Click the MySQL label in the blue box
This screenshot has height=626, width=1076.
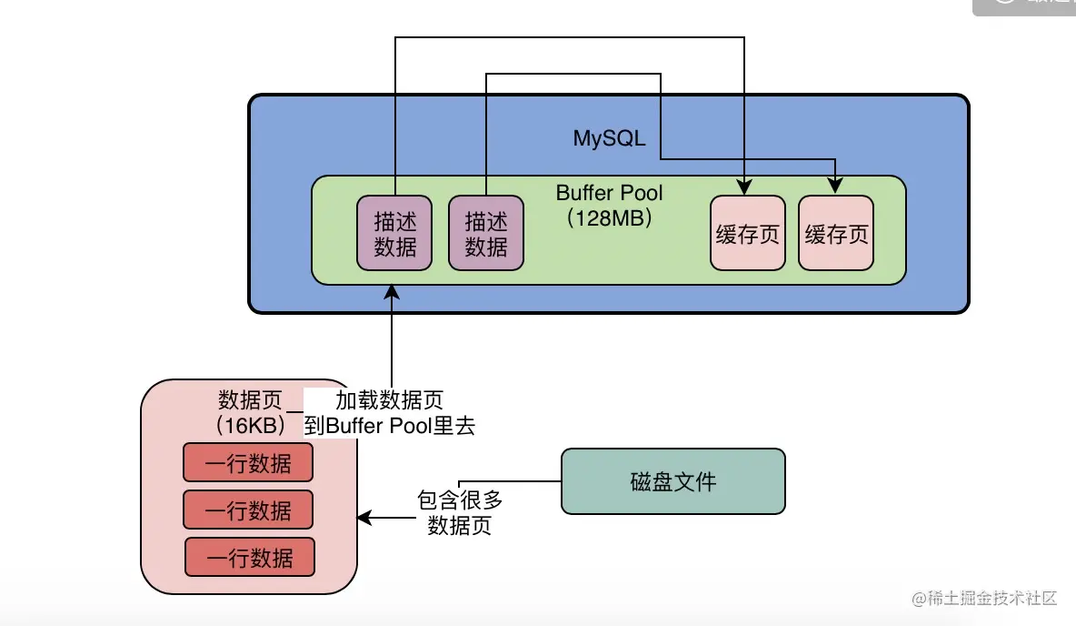pos(609,138)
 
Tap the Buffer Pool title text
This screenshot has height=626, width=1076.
pos(609,193)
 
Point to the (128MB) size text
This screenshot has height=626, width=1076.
pos(609,218)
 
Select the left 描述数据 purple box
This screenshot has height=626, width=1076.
pos(394,233)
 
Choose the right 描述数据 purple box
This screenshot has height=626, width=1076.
pos(486,233)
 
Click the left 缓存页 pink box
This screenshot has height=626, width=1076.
pos(747,234)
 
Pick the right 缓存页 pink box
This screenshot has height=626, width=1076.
pos(836,234)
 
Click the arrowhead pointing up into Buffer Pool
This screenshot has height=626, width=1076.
pos(392,291)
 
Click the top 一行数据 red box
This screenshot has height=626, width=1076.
pos(248,463)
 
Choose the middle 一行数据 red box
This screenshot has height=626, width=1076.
pos(248,510)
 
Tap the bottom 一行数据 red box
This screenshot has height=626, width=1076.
pos(250,557)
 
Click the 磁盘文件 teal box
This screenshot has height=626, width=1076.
pos(672,481)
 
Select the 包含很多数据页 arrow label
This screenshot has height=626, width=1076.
pos(459,512)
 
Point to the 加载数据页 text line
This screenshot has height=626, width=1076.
pos(389,400)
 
